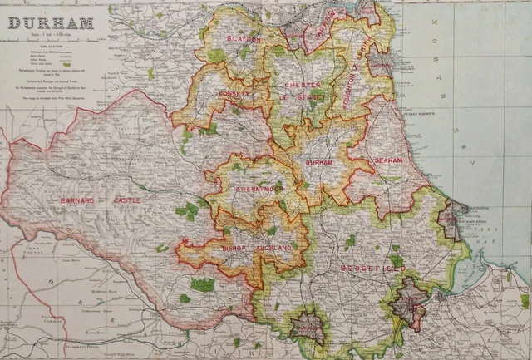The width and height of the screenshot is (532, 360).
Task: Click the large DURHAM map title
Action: (x=51, y=22)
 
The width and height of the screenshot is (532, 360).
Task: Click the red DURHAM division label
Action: (x=320, y=163)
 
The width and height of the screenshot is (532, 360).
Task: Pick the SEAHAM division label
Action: (x=388, y=160)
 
